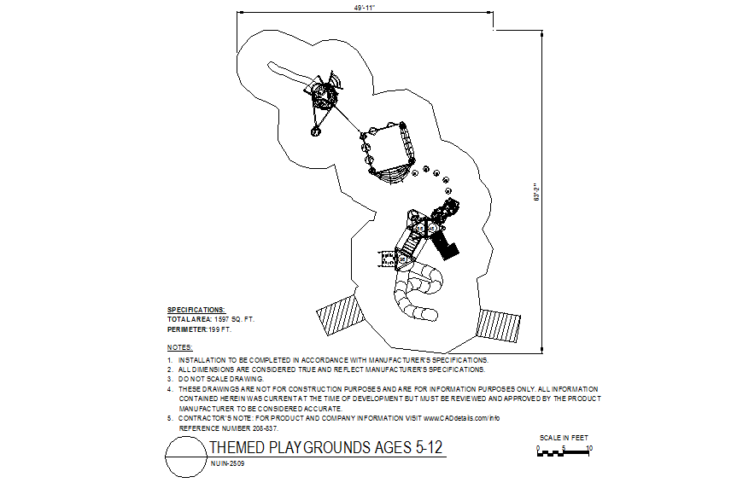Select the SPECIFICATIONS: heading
(196, 310)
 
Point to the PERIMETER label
(187, 329)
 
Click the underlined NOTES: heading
(180, 348)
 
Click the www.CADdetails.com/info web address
(461, 418)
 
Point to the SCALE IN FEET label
(564, 438)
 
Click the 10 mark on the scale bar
(590, 447)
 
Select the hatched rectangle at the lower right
(499, 325)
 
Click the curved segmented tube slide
(416, 294)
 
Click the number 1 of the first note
(169, 360)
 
